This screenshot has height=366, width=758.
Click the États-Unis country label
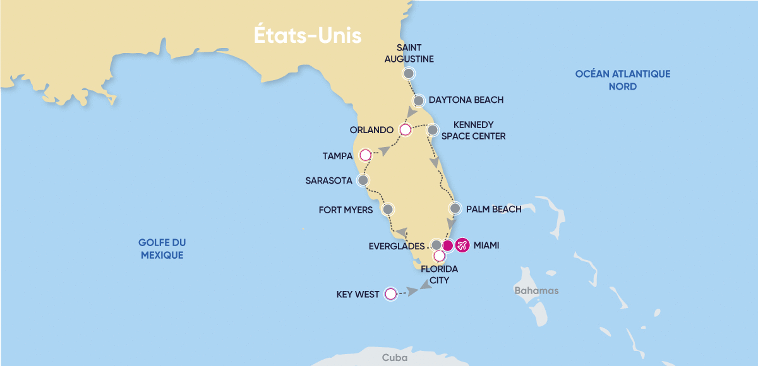pyautogui.click(x=308, y=35)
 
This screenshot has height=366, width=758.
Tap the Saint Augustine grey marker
pyautogui.click(x=409, y=74)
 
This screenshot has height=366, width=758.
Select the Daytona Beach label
pyautogui.click(x=466, y=100)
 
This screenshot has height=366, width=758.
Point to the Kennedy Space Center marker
pyautogui.click(x=433, y=131)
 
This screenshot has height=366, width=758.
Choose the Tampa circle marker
pyautogui.click(x=364, y=155)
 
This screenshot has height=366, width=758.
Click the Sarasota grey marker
pyautogui.click(x=363, y=180)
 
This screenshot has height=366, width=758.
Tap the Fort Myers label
pyautogui.click(x=346, y=210)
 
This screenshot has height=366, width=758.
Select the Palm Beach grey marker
pyautogui.click(x=455, y=208)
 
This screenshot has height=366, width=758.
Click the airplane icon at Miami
pyautogui.click(x=462, y=245)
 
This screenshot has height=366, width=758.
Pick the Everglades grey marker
pyautogui.click(x=436, y=245)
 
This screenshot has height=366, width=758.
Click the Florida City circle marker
pyautogui.click(x=439, y=256)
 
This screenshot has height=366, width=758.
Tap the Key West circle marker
pyautogui.click(x=390, y=293)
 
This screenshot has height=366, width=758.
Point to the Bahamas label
pyautogui.click(x=536, y=291)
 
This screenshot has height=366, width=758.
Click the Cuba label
pyautogui.click(x=391, y=357)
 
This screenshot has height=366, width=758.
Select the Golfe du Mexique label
pyautogui.click(x=162, y=249)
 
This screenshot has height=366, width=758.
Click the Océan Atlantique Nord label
pyautogui.click(x=622, y=80)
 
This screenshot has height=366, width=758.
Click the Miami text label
pyautogui.click(x=486, y=245)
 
